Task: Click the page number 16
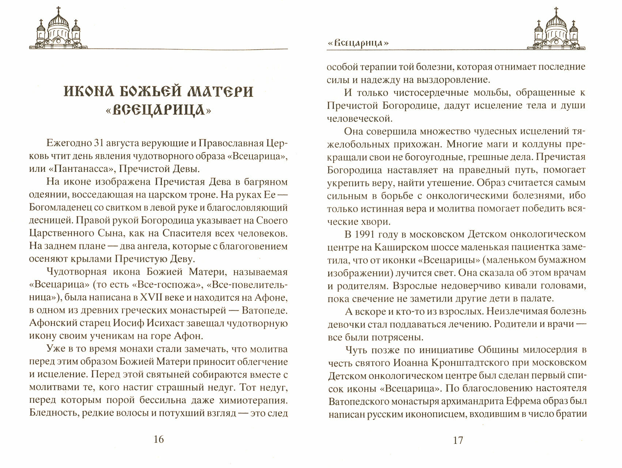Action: point(159,439)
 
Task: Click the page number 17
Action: point(458,440)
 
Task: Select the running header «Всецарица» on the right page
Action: point(357,43)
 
